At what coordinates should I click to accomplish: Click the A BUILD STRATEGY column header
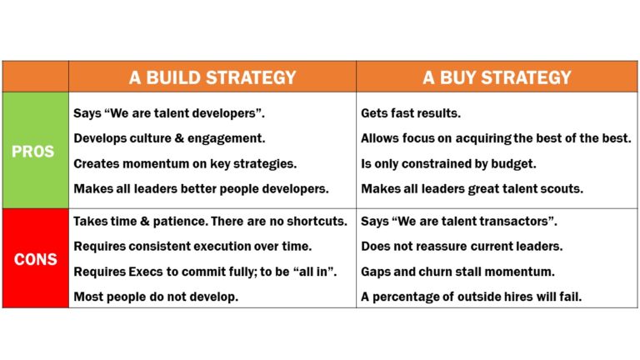click(212, 77)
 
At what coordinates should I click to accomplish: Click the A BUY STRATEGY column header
click(497, 77)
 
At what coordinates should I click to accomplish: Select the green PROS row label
click(34, 152)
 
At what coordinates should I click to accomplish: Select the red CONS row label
click(34, 259)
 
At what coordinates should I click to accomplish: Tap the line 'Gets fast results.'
click(411, 112)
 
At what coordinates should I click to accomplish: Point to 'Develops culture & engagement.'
click(169, 138)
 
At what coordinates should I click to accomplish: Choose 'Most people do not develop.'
click(155, 296)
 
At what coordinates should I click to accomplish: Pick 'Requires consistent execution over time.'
click(192, 247)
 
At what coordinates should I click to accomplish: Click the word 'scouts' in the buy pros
click(560, 188)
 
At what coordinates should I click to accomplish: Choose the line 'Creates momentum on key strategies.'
click(185, 163)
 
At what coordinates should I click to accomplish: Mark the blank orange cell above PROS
click(34, 77)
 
